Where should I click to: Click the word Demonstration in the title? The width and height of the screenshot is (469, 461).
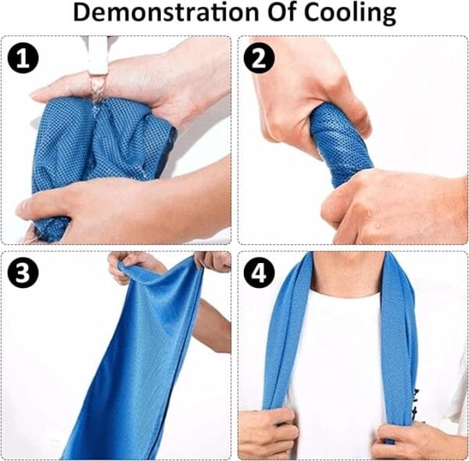166,13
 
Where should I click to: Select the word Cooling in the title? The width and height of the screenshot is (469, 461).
350,14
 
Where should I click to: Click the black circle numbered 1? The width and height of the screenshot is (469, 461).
23,58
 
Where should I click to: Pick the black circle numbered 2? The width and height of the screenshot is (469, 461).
259,58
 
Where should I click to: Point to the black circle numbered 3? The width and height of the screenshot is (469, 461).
23,272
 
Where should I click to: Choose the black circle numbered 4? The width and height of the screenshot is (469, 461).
259,272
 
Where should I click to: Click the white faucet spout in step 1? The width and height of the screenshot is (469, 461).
97,56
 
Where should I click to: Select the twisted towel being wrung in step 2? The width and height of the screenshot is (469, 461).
341,144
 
